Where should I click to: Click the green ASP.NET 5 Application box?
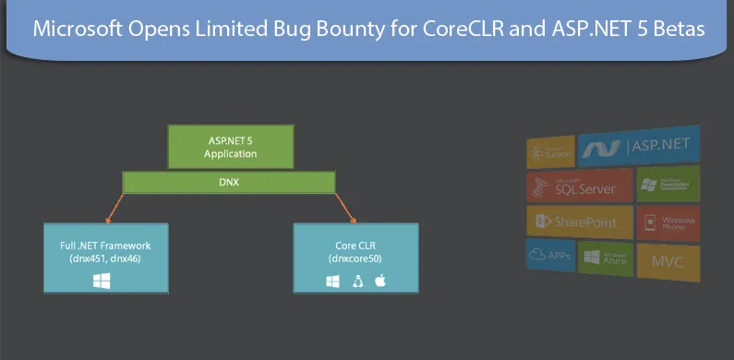230,147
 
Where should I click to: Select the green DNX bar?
231,183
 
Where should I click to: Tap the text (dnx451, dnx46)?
102,259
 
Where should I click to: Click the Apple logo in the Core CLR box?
379,281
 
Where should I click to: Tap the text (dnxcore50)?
355,259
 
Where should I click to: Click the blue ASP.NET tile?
638,146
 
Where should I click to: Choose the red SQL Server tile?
579,186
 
